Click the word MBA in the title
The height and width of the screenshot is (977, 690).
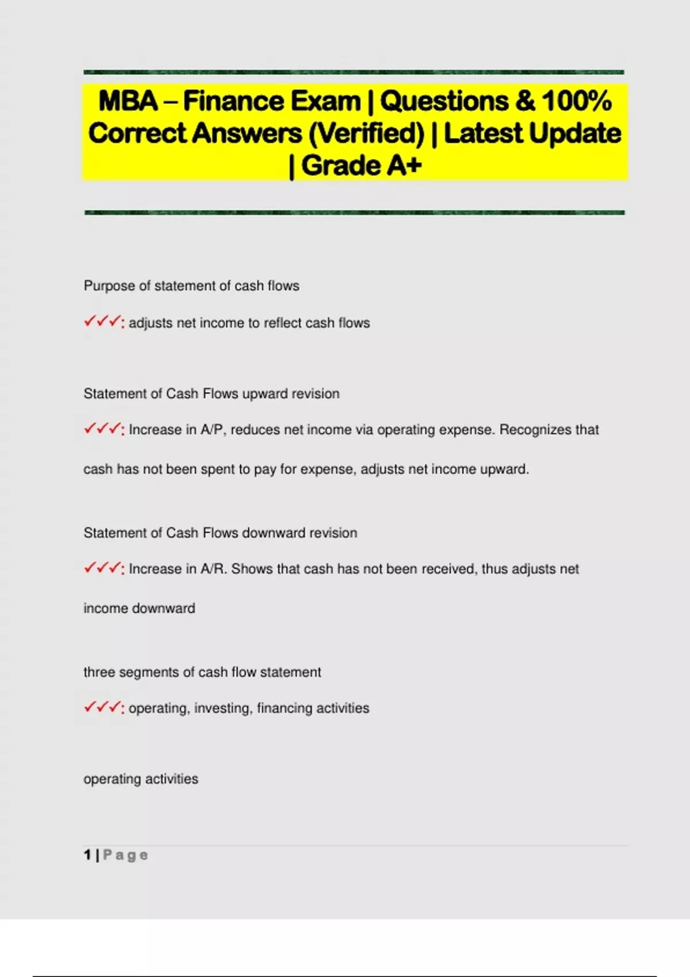128,101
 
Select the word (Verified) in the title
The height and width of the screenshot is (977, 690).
366,133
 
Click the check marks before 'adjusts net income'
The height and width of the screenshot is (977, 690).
103,322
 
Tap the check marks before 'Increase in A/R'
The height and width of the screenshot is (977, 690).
103,568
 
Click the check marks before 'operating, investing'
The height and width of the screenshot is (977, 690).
103,707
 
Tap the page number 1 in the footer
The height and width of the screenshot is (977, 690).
87,855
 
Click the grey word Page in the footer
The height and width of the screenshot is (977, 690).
125,855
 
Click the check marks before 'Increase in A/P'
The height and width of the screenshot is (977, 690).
103,429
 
